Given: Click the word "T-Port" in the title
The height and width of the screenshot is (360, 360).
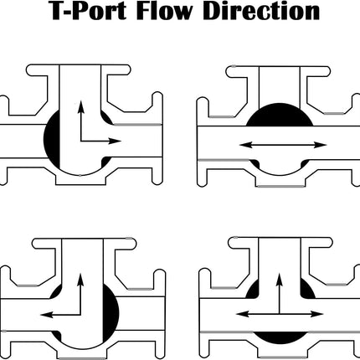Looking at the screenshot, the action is click(x=89, y=11).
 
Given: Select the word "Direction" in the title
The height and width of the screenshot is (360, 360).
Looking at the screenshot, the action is click(x=261, y=11).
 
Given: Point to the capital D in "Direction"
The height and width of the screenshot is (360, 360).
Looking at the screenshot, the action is click(x=213, y=11).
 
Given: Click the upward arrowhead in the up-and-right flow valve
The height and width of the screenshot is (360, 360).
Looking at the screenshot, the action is click(x=81, y=106).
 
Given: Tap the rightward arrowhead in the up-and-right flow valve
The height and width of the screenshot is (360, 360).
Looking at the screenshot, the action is click(x=115, y=141).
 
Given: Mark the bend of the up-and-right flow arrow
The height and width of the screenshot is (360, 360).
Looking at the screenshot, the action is click(x=81, y=141).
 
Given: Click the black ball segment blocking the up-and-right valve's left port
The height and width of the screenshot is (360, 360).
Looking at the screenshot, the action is click(x=52, y=138).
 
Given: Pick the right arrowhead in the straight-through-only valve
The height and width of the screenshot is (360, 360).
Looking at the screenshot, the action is click(x=321, y=145).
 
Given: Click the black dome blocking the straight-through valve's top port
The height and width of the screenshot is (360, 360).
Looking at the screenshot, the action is click(x=280, y=116).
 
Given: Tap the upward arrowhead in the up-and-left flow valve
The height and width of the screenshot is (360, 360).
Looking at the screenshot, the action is click(x=80, y=280).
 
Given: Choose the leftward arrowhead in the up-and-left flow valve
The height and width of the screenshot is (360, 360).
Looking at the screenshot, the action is click(x=47, y=315).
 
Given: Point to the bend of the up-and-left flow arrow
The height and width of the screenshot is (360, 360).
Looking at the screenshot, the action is click(x=80, y=315).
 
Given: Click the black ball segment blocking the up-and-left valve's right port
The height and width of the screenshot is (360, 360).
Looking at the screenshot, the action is click(x=111, y=312).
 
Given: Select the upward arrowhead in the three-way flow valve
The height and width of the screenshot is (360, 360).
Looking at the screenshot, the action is click(x=279, y=280).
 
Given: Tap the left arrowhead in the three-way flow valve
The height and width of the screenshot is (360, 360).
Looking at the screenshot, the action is click(x=243, y=314).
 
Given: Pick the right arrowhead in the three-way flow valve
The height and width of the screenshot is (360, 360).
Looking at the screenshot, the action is click(x=316, y=314).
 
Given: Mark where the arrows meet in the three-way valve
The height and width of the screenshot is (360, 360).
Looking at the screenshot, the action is click(x=279, y=314).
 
